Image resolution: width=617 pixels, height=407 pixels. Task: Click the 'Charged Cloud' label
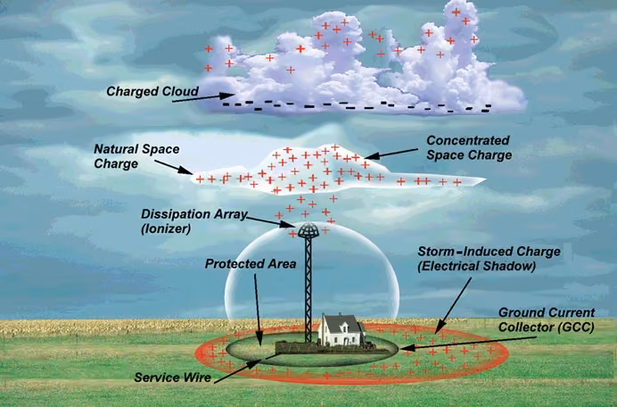[152, 91]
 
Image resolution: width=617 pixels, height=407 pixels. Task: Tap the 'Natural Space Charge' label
[136, 156]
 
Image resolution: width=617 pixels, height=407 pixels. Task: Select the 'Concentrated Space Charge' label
[469, 148]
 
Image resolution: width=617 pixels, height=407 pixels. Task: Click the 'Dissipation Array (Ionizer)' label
[194, 221]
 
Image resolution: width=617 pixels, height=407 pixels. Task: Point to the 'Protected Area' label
[251, 263]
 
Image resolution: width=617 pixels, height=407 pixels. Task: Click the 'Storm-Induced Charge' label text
[489, 252]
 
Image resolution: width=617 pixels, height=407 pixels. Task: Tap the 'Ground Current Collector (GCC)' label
[547, 320]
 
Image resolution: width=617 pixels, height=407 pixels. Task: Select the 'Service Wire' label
[173, 378]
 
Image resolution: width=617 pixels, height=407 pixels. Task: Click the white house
[341, 330]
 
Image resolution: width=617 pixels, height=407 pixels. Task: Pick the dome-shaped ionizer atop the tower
[308, 230]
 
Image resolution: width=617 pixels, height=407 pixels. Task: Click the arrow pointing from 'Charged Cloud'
[203, 97]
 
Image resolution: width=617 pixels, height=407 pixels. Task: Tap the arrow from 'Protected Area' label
[258, 311]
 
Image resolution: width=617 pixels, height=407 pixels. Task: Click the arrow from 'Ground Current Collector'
[469, 343]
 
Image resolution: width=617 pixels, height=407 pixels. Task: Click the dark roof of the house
[341, 323]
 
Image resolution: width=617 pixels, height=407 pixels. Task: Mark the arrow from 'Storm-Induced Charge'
[453, 306]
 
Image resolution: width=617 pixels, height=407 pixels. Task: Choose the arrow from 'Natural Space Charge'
[173, 167]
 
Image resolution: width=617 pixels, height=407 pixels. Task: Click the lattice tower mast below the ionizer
[308, 289]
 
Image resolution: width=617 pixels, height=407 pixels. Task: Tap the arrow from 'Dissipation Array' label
[271, 222]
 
